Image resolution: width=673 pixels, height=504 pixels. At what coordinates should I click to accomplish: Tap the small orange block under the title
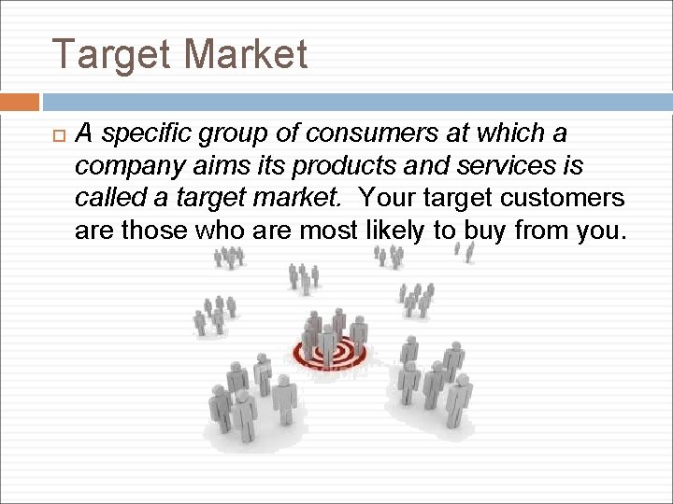[20, 102]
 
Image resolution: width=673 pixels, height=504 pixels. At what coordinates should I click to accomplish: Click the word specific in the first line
[143, 134]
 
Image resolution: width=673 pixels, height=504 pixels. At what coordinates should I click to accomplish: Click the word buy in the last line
[481, 230]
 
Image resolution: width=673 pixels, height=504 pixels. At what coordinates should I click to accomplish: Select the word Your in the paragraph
[388, 198]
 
